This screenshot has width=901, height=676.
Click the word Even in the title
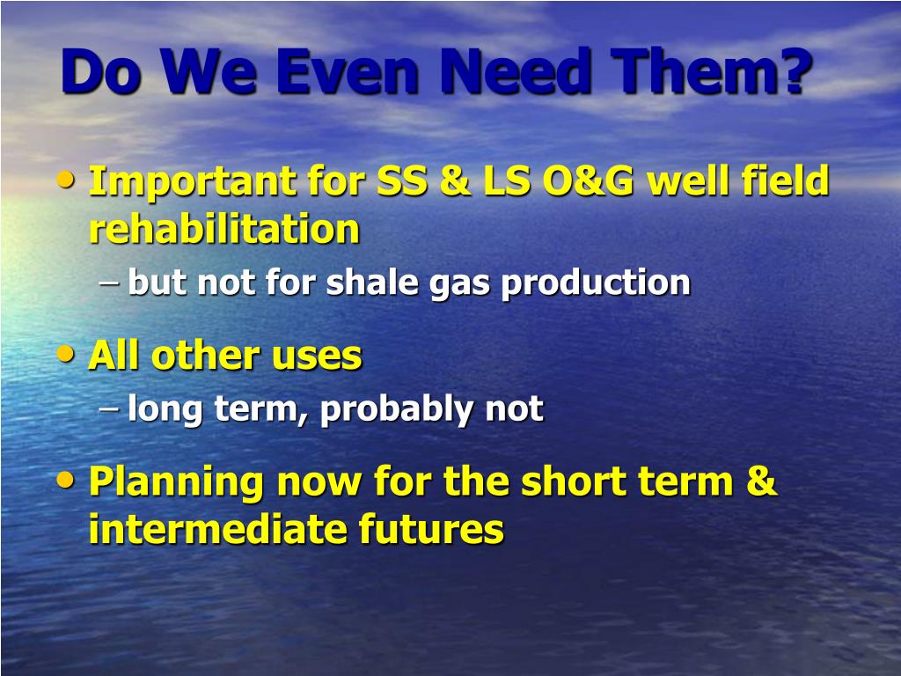(x=347, y=72)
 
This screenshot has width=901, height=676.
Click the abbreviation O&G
(x=588, y=180)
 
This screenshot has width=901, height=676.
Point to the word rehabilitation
(x=224, y=229)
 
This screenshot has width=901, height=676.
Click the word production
(x=596, y=283)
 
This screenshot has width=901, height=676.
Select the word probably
(x=397, y=410)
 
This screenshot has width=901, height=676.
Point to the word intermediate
(x=218, y=529)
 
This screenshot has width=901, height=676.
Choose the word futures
(x=431, y=529)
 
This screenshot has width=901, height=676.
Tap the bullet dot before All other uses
(x=66, y=354)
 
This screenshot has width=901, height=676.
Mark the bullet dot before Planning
(x=66, y=480)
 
